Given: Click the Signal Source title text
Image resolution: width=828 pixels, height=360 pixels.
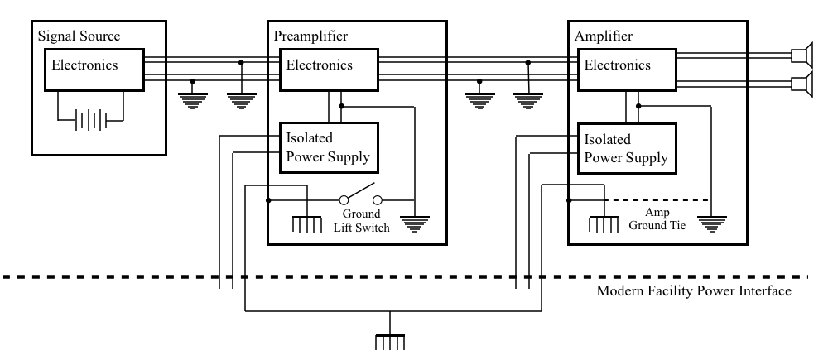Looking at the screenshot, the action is click(x=79, y=36).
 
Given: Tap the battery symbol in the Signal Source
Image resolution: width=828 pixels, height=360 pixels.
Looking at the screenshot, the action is click(x=91, y=120).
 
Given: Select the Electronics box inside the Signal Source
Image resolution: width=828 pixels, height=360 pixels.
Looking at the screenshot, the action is click(x=94, y=70).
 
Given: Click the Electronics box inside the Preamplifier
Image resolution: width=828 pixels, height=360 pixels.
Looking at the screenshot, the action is click(x=329, y=70).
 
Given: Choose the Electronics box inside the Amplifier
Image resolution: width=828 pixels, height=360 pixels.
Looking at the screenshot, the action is click(x=628, y=70).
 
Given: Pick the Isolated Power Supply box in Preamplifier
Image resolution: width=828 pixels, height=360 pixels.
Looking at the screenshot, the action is click(x=329, y=148).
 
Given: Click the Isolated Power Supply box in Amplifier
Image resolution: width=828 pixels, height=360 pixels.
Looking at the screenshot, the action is click(x=628, y=148).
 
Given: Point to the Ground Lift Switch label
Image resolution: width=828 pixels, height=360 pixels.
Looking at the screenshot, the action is click(x=362, y=221).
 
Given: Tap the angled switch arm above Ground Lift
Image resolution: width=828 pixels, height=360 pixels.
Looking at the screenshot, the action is click(x=360, y=190).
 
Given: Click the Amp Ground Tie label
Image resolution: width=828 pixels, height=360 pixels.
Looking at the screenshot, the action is click(x=657, y=218).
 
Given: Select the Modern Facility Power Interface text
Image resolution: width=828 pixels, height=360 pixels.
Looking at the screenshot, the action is click(x=694, y=290).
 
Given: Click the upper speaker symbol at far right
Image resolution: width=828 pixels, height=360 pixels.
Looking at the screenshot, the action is click(x=802, y=55).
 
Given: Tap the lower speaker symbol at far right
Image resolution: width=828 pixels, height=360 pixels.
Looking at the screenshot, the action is click(x=802, y=84).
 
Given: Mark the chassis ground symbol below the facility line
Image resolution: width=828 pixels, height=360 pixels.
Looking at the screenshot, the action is click(x=390, y=342).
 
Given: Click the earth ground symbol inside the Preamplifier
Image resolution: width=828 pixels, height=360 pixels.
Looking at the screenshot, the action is click(x=415, y=223).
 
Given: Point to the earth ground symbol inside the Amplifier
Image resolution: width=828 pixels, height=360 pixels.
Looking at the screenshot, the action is click(x=712, y=223).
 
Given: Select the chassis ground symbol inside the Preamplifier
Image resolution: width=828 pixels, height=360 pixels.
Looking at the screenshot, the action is click(x=307, y=224).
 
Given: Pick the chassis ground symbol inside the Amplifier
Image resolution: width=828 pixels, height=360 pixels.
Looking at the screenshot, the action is click(x=604, y=224).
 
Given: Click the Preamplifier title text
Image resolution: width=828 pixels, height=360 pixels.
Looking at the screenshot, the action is click(x=310, y=36).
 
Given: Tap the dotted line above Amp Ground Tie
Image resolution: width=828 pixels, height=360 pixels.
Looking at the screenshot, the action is click(x=657, y=200).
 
